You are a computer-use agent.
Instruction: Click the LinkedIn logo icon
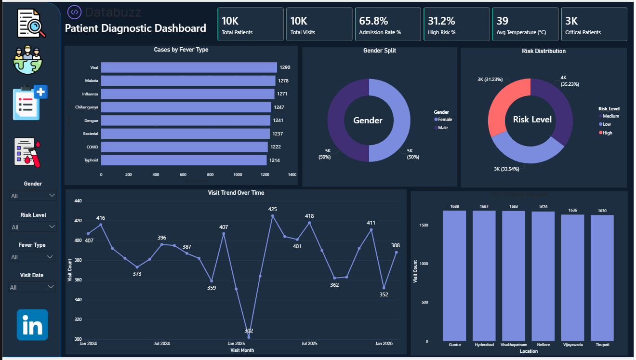click(x=32, y=325)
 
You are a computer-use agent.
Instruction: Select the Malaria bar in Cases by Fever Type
click(x=188, y=81)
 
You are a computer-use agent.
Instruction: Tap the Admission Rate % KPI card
click(x=388, y=24)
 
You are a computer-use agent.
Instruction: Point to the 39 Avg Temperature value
click(x=502, y=21)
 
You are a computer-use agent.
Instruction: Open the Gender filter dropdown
click(x=33, y=196)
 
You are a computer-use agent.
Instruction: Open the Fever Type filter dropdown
click(x=33, y=257)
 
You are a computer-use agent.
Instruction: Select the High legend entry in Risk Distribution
click(x=607, y=133)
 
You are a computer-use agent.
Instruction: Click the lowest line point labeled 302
click(x=249, y=337)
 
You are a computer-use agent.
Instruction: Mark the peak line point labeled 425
click(x=273, y=216)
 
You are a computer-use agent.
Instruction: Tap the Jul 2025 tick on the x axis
click(x=309, y=344)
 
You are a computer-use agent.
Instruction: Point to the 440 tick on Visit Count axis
click(x=78, y=201)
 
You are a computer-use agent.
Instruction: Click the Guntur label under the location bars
click(x=455, y=345)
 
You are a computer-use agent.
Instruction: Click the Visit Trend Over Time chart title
click(x=236, y=193)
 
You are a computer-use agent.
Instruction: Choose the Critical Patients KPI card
click(x=594, y=24)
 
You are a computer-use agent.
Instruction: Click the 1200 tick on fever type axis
click(x=265, y=174)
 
